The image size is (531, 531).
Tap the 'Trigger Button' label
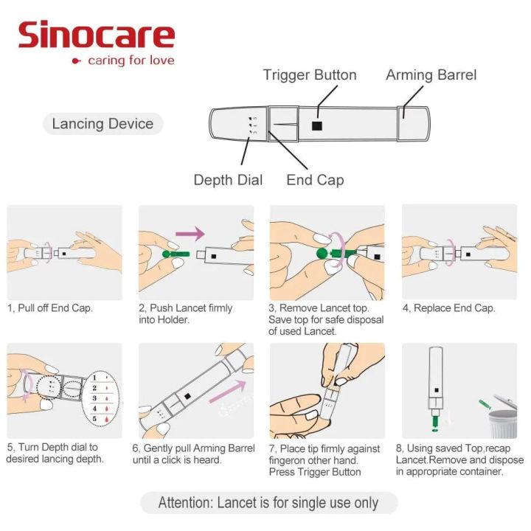(309, 75)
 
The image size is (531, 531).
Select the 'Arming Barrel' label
(431, 75)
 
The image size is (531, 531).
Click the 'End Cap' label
(315, 180)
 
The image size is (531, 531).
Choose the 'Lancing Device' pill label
(103, 123)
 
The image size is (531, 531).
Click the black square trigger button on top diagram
(316, 125)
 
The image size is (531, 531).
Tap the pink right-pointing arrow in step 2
(190, 234)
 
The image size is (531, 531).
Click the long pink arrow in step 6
(229, 390)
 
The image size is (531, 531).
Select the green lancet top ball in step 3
(322, 255)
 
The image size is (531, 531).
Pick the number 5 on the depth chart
(94, 420)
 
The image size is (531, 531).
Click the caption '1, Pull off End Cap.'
(50, 308)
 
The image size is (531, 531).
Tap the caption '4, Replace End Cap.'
(448, 308)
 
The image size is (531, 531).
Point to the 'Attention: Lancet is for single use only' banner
(268, 504)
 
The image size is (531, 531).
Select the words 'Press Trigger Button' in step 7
(315, 471)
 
